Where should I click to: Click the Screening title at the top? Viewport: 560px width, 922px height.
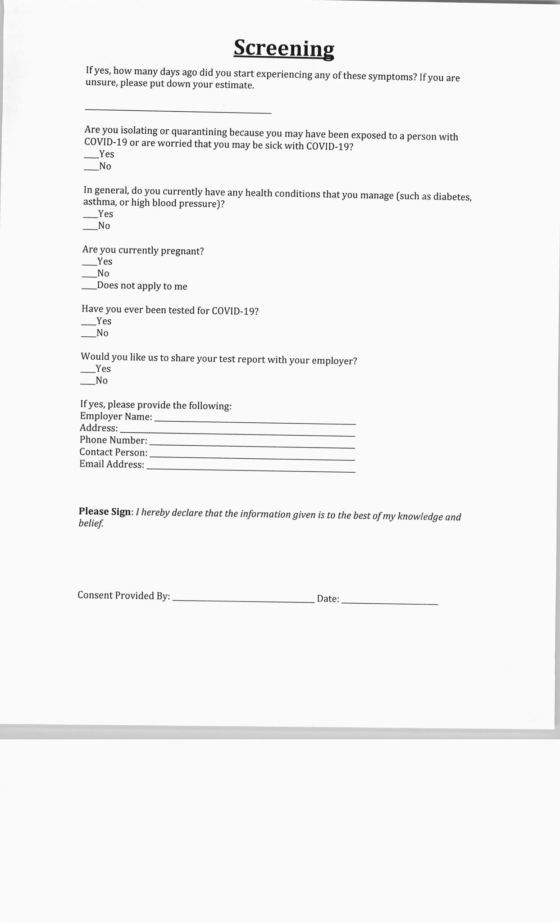point(284,48)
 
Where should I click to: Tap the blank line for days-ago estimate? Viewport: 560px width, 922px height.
point(178,109)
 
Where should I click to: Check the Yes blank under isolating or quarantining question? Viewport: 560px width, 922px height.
point(91,156)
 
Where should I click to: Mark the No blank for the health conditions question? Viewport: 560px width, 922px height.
point(90,228)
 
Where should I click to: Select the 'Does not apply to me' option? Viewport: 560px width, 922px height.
point(89,288)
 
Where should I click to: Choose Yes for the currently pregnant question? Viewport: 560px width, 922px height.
point(89,263)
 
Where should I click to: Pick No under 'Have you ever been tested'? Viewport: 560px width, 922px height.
point(88,335)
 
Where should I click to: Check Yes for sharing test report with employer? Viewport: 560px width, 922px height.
point(88,371)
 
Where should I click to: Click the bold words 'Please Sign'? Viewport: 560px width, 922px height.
point(105,511)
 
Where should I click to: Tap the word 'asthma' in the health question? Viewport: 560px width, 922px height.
point(99,202)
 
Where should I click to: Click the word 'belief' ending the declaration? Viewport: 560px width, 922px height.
point(91,523)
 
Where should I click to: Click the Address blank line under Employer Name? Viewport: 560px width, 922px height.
point(237,434)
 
